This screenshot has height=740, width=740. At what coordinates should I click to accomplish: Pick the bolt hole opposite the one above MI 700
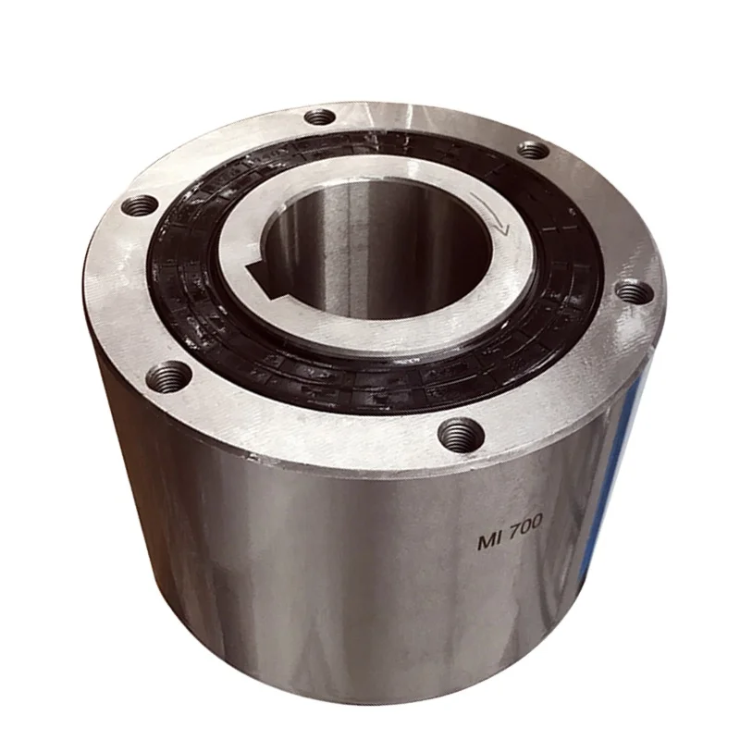coord(320,117)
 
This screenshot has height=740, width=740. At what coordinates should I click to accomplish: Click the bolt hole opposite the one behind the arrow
coord(170,376)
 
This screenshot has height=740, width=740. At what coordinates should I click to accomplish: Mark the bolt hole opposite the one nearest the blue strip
coord(140,204)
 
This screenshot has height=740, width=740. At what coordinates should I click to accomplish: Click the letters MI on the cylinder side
coord(489,541)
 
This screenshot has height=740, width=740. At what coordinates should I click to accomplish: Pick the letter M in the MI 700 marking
coord(486,542)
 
